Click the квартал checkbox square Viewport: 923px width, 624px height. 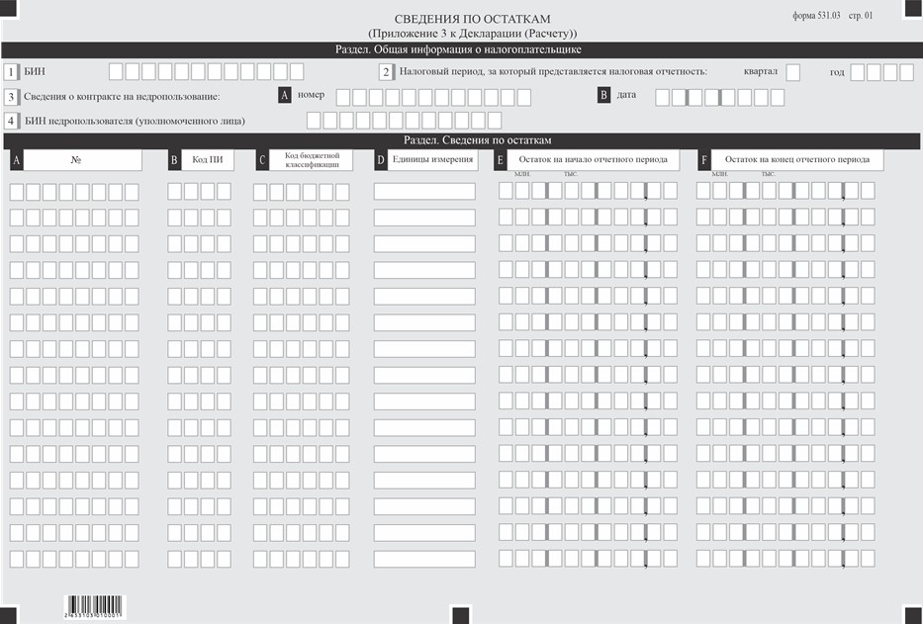click(793, 72)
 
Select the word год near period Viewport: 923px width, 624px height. click(837, 72)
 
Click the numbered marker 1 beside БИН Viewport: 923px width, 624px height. click(11, 72)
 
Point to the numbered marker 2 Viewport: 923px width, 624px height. click(387, 72)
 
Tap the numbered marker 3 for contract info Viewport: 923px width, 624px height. click(11, 97)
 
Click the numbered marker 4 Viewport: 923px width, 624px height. click(11, 121)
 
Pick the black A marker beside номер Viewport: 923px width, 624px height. click(285, 96)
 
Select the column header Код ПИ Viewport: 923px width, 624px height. click(207, 160)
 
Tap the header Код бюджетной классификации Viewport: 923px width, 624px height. click(312, 160)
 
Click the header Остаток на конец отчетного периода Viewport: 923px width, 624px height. click(796, 160)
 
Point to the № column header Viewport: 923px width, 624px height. click(83, 160)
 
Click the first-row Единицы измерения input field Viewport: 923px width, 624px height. click(424, 191)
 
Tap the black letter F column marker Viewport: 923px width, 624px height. click(704, 160)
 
